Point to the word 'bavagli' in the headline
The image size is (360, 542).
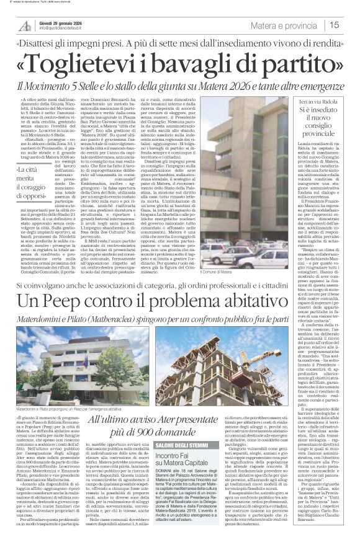[205, 64]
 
